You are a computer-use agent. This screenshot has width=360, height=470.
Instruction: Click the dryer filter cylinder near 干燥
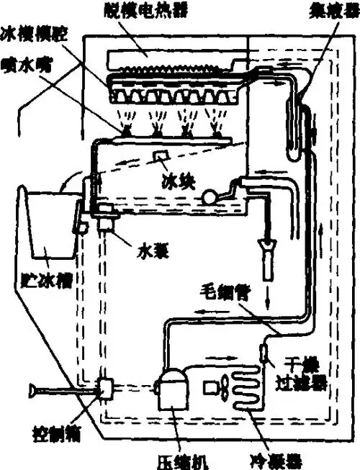[264, 354]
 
